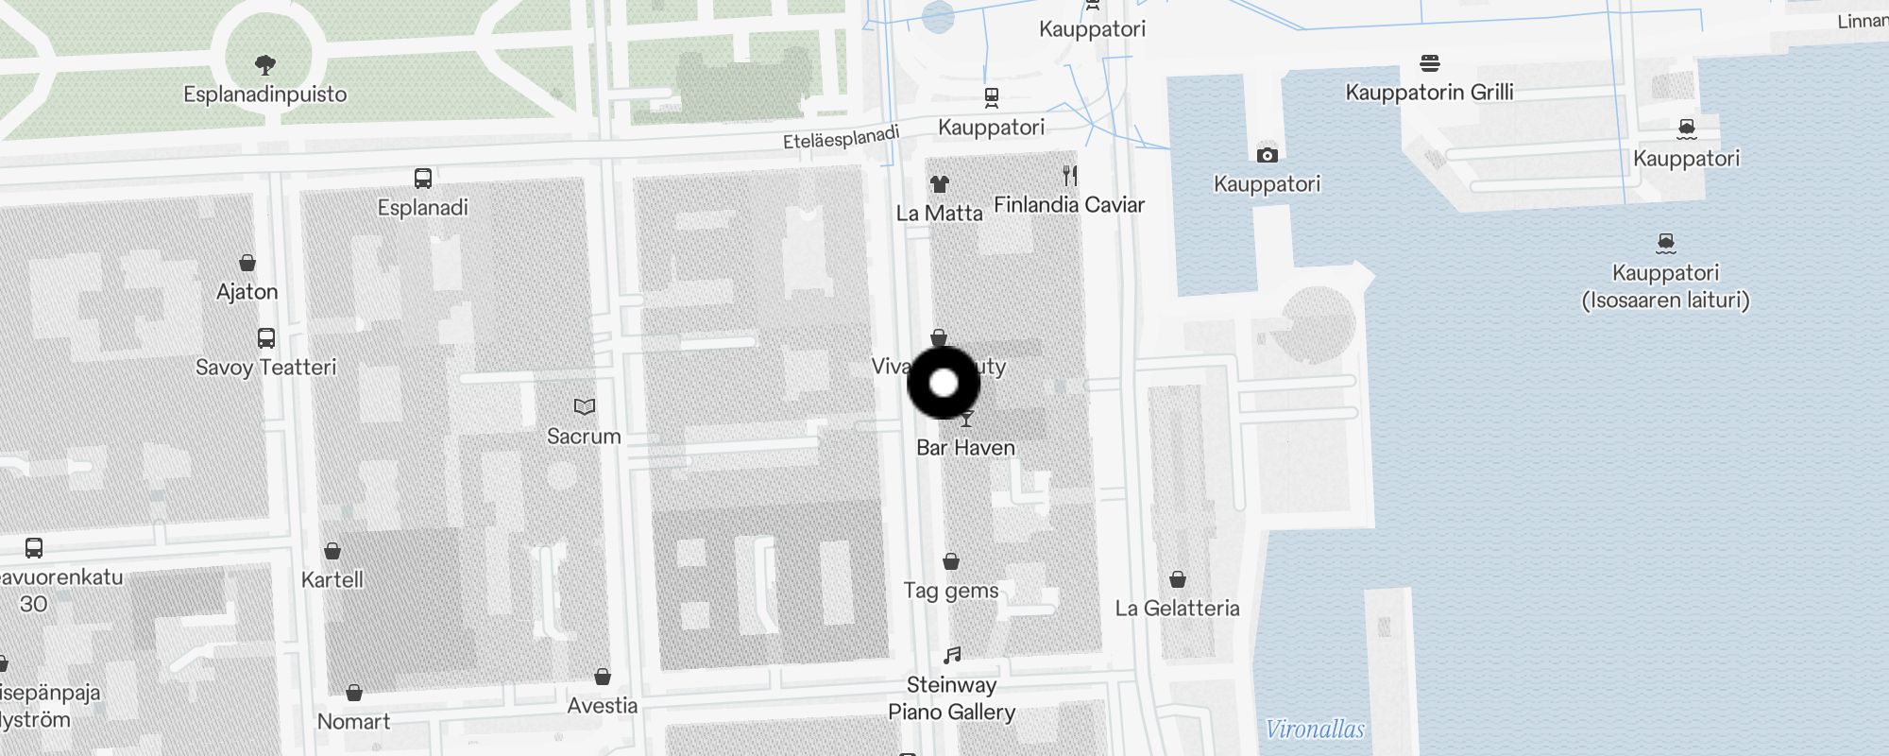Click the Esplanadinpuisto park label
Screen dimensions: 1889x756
point(265,94)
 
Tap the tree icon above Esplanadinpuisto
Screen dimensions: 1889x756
point(265,64)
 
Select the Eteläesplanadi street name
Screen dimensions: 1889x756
point(841,138)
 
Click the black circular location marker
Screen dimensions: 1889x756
point(944,383)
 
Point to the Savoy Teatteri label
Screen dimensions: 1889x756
point(265,368)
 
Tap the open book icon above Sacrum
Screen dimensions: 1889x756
point(585,406)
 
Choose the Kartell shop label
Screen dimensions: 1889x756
point(332,579)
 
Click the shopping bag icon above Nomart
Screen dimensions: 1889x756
point(354,693)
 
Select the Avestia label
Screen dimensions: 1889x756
point(603,706)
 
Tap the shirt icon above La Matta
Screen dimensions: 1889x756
point(939,184)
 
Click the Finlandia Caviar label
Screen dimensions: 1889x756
point(1069,205)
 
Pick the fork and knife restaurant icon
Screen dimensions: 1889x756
point(1069,175)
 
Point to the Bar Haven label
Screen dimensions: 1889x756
point(965,448)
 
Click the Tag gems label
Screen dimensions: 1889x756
point(951,591)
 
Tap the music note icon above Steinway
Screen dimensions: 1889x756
point(952,655)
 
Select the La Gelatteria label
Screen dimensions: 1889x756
point(1177,609)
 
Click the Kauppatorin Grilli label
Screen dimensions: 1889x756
point(1429,93)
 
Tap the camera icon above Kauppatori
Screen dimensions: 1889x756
point(1268,155)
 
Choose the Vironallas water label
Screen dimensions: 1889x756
point(1315,730)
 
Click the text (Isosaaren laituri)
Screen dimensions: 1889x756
point(1665,301)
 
